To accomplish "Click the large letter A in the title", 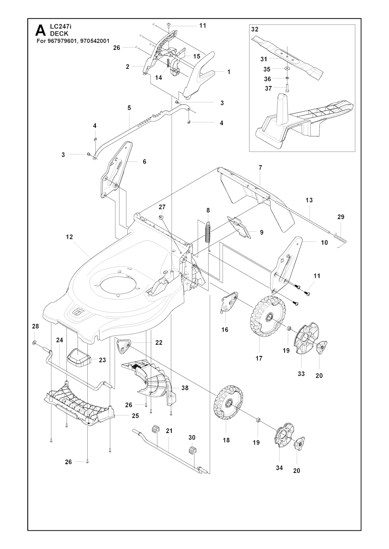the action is coord(41,30).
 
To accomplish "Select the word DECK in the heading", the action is coord(59,34).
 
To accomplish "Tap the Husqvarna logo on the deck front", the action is coord(78,312).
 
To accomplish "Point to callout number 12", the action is coord(70,237).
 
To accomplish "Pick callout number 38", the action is coord(185,388).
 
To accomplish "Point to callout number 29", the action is coord(341,217).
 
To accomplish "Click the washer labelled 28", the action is coord(34,342).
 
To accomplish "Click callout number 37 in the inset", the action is coord(269,88).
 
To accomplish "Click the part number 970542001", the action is coord(95,41).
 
